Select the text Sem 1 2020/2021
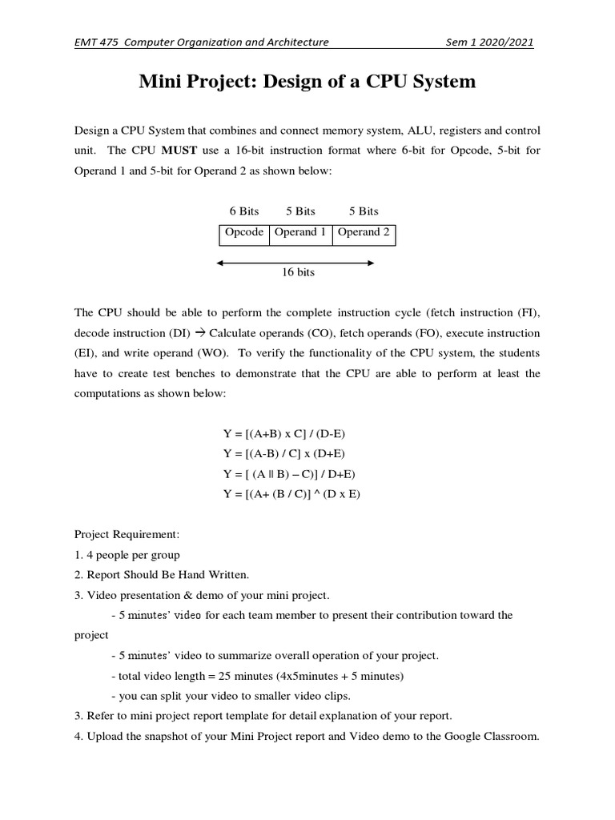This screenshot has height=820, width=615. [x=490, y=42]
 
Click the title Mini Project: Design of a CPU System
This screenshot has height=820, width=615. [x=307, y=82]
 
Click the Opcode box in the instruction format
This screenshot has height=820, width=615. [x=244, y=232]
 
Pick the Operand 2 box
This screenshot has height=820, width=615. [x=364, y=232]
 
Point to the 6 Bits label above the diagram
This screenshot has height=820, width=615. [x=244, y=211]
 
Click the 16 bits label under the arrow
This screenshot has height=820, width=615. [x=298, y=272]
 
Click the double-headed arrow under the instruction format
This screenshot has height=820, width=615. [x=295, y=262]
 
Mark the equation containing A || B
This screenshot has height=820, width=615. [x=289, y=474]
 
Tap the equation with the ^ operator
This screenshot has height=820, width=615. [x=291, y=494]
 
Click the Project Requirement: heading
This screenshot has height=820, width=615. [x=127, y=534]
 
